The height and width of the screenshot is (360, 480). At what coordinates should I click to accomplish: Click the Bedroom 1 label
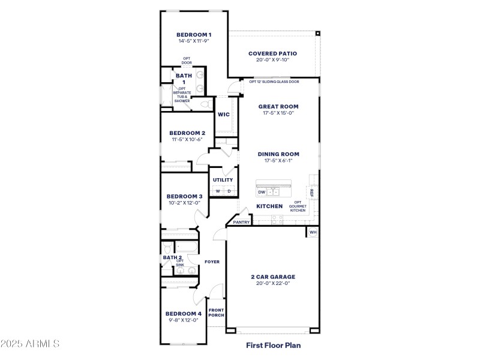[x=194, y=35]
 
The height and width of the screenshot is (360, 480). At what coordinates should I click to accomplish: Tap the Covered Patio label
[x=272, y=53]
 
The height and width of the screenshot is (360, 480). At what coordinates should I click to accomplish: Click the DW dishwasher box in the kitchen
[x=262, y=193]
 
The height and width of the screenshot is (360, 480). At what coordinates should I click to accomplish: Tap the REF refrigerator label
[x=311, y=192]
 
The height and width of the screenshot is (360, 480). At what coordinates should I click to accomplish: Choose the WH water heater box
[x=313, y=232]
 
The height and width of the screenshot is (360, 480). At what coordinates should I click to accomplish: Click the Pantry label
[x=241, y=222]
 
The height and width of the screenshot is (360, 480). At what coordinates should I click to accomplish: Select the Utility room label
[x=223, y=180]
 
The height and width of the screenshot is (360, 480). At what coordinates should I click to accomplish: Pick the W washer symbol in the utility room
[x=217, y=191]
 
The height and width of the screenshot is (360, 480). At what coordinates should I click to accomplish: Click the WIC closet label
[x=223, y=115]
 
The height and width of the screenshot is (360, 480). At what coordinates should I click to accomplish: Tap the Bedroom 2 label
[x=187, y=133]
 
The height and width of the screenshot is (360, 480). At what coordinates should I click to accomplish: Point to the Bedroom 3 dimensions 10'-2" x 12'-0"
[x=184, y=203]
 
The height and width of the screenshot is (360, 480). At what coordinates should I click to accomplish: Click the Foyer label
[x=212, y=262]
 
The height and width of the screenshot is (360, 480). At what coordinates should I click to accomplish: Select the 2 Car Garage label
[x=273, y=277]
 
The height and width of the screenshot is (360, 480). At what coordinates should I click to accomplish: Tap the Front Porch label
[x=216, y=313]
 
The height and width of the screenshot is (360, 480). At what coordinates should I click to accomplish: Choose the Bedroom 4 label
[x=183, y=313]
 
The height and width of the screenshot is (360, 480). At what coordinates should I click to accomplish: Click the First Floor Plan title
[x=273, y=345]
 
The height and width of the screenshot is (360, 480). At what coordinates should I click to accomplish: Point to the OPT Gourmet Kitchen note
[x=298, y=207]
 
